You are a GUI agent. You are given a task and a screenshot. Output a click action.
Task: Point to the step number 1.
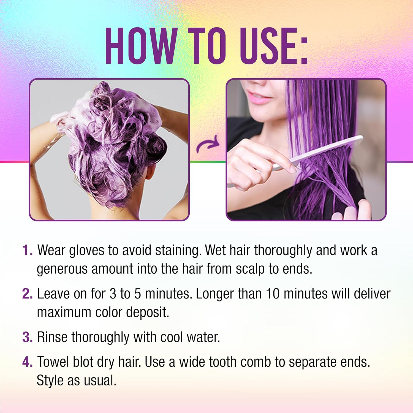pos(27,250)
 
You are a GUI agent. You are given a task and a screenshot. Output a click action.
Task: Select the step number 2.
pos(27,294)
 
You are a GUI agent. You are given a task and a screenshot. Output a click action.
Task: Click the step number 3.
pos(27,337)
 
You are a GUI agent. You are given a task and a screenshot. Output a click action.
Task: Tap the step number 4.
pos(27,362)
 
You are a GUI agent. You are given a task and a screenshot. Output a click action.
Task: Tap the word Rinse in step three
pos(52,337)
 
